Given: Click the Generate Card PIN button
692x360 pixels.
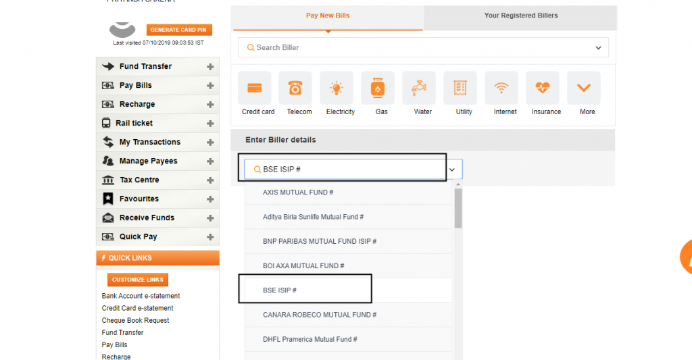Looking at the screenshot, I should (x=179, y=30).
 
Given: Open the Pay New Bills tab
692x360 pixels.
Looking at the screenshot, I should (x=328, y=16).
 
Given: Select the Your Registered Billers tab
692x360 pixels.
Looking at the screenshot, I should (x=520, y=16).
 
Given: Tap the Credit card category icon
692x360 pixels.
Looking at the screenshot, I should (x=255, y=88).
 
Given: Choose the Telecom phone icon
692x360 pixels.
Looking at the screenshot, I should (x=295, y=88).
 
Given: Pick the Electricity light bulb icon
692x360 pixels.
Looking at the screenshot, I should (x=337, y=88).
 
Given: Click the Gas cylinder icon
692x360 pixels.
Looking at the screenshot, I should (x=378, y=88).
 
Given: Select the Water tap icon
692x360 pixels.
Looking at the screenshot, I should (x=419, y=88).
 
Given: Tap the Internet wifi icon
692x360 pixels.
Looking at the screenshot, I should (x=501, y=88).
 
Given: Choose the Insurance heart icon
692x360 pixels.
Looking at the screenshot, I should (x=543, y=88).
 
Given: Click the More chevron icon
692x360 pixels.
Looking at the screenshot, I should (x=584, y=88).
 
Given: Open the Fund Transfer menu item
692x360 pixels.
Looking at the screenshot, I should (x=145, y=66).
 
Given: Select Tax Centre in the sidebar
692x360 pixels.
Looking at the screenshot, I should (x=139, y=180).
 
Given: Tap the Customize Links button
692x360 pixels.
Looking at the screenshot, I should (x=138, y=280).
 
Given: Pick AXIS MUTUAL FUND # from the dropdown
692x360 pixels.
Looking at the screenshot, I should (x=298, y=192).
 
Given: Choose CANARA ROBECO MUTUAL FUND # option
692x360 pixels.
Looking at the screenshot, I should (x=320, y=315).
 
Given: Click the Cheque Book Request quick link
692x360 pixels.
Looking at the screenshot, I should (x=135, y=320).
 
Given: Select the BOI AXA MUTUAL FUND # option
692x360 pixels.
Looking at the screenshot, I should (x=303, y=266).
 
